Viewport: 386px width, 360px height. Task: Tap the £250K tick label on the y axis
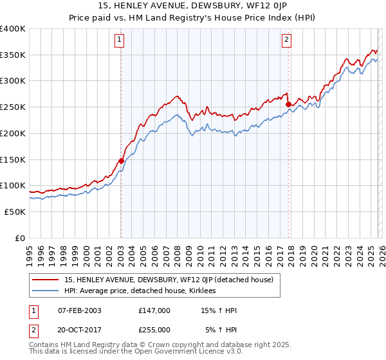click(x=13, y=107)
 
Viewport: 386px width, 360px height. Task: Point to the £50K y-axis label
click(x=15, y=212)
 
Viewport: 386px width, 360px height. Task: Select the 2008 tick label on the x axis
click(x=177, y=252)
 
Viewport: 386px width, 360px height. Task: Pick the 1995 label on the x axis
click(x=29, y=252)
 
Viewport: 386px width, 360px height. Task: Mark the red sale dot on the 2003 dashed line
click(x=121, y=161)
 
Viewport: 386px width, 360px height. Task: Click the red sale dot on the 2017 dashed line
click(x=288, y=105)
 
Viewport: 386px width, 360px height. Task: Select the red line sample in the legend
click(x=46, y=280)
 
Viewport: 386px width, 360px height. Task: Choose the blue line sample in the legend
click(x=46, y=291)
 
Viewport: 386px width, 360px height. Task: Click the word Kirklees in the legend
click(x=202, y=291)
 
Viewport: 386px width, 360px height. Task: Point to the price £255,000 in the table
click(x=154, y=329)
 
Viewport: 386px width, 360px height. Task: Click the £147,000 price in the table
click(x=154, y=310)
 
